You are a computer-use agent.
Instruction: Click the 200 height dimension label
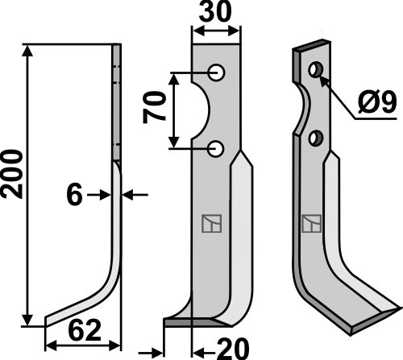(x=12, y=175)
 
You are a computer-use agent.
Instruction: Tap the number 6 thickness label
(x=74, y=195)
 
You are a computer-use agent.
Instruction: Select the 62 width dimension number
(x=85, y=330)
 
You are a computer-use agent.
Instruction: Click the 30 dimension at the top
(x=215, y=11)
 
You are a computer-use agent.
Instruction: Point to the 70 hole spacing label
(x=154, y=107)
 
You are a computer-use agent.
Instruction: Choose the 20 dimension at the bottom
(x=233, y=349)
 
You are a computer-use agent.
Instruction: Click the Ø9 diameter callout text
(x=377, y=102)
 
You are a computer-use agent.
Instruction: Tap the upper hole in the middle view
(x=216, y=72)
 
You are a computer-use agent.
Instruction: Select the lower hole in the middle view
(x=215, y=148)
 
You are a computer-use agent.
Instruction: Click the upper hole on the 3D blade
(x=316, y=70)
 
